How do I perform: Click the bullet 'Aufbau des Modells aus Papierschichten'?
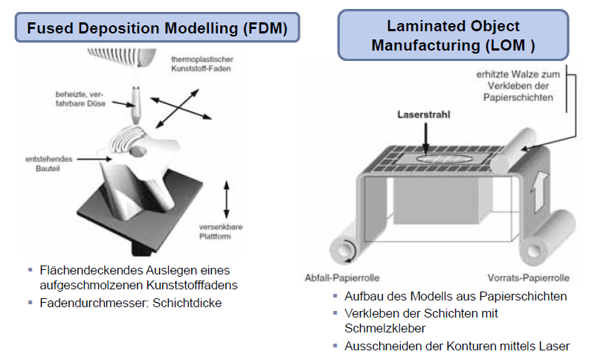coord(455,296)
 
